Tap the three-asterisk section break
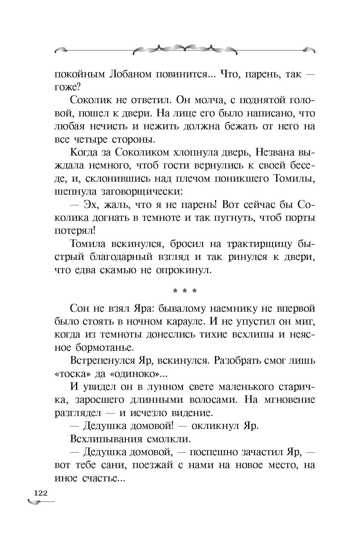(x=185, y=291)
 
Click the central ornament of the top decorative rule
(x=185, y=49)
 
